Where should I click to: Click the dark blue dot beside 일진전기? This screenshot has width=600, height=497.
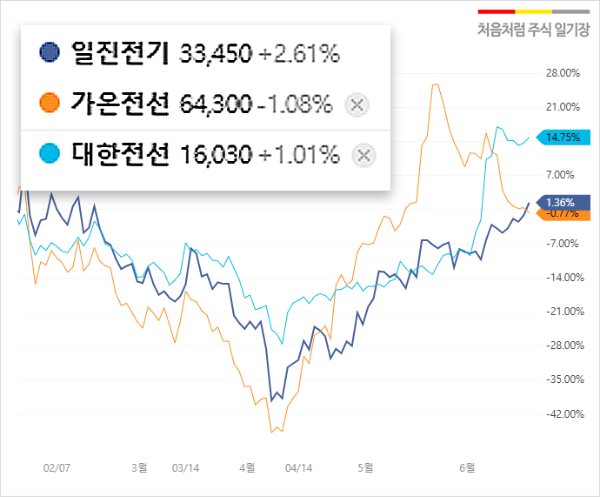(50, 53)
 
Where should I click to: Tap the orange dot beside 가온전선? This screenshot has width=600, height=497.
(50, 104)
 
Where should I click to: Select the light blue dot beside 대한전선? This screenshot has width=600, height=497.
(50, 155)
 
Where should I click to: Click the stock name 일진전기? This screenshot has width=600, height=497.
(118, 53)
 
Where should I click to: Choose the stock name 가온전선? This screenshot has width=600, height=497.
(118, 104)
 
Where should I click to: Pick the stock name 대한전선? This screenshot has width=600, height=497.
(118, 155)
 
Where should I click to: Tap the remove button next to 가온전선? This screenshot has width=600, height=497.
(357, 104)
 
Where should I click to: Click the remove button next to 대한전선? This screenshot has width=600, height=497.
(364, 155)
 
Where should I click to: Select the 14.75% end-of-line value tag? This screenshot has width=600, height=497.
(563, 137)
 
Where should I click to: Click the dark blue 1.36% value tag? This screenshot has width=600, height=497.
(562, 202)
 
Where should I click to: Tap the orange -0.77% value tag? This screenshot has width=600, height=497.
(563, 213)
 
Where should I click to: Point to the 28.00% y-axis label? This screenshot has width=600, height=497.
(563, 73)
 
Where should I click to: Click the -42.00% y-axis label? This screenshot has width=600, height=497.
(562, 413)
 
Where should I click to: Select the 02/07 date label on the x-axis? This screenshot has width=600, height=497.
(57, 467)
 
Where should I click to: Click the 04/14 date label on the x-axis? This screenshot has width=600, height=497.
(297, 467)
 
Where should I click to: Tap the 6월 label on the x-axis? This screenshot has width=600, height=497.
(467, 467)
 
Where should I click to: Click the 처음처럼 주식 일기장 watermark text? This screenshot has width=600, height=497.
(532, 29)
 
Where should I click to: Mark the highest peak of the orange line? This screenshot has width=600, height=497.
(435, 84)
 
